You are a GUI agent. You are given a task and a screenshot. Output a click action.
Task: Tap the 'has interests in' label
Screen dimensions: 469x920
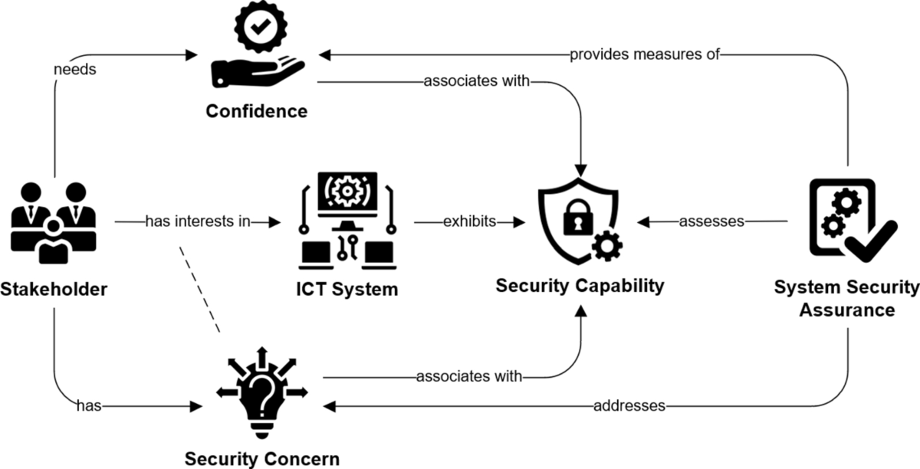198,222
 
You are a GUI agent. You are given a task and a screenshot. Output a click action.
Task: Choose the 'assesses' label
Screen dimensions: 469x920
711,222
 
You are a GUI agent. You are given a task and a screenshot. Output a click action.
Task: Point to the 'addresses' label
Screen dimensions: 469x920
629,405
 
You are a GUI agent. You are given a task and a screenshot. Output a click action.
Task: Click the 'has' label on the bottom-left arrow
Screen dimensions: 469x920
87,405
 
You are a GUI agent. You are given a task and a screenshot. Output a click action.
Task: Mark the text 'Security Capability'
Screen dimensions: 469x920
580,286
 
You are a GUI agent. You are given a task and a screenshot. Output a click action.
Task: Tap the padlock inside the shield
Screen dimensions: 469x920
573,221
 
